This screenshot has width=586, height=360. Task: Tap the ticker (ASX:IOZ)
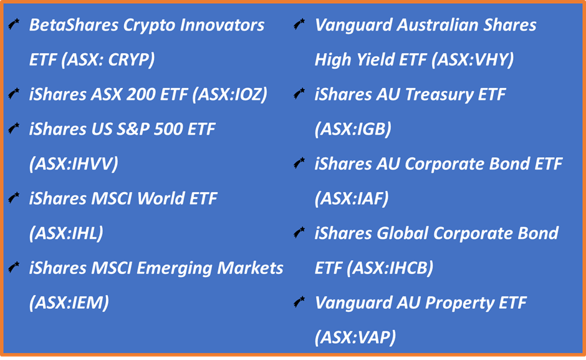click(x=230, y=94)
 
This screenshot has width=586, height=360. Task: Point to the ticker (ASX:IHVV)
click(x=74, y=163)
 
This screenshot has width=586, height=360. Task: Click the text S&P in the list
click(x=133, y=129)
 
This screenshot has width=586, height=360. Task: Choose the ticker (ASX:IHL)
click(x=66, y=233)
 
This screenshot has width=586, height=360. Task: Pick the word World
click(x=161, y=198)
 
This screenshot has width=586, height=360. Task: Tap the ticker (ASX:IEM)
click(x=69, y=303)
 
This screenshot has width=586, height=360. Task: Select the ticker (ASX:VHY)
click(x=473, y=59)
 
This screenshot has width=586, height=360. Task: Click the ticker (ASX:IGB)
click(x=353, y=129)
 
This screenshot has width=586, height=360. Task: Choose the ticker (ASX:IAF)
click(x=352, y=198)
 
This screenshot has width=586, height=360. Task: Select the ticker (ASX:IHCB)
click(x=390, y=268)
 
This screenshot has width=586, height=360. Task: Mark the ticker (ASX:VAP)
click(x=355, y=337)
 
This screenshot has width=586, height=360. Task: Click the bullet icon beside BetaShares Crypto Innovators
click(x=14, y=24)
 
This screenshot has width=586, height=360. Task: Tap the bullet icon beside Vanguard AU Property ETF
click(x=299, y=301)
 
